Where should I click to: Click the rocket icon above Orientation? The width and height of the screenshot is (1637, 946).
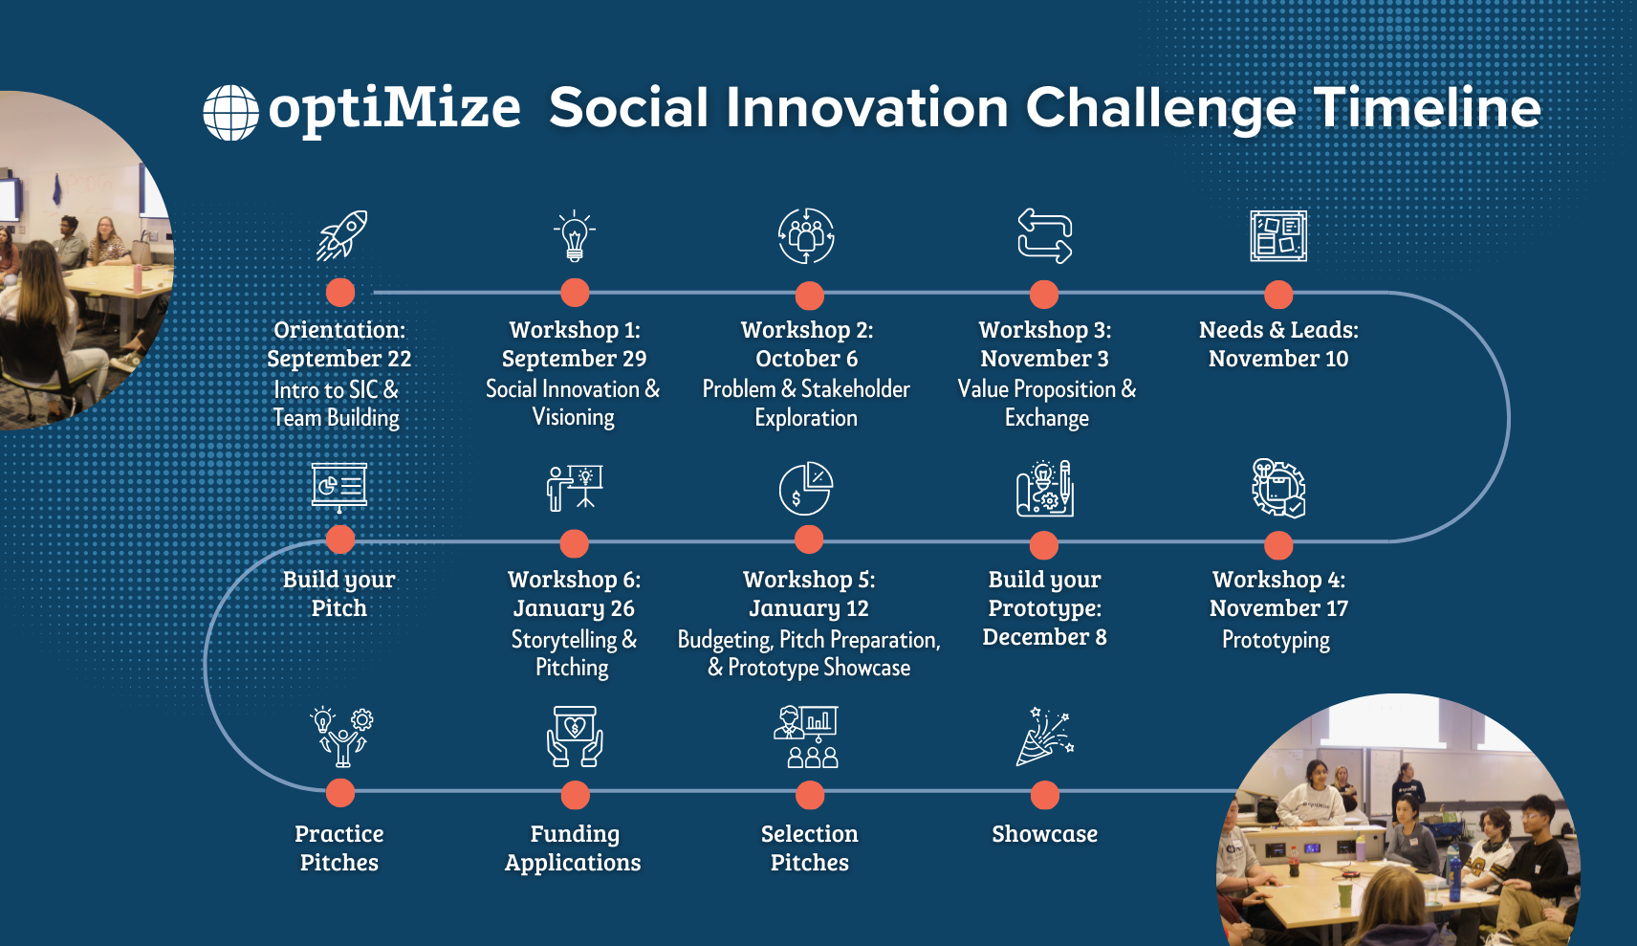point(341,235)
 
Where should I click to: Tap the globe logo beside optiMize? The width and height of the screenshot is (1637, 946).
point(230,113)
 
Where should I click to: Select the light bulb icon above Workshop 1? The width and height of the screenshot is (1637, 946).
point(574,236)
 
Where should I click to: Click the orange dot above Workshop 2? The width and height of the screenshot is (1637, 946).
point(809,296)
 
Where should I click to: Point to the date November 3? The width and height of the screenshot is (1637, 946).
point(1044,359)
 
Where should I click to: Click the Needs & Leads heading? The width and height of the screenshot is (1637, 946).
point(1278,330)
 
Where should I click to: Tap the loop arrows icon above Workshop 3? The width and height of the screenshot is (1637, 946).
point(1044,235)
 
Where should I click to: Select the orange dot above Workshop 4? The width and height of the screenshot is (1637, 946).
point(1278,545)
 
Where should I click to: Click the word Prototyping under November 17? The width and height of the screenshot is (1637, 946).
point(1276,640)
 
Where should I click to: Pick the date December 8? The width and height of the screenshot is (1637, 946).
point(1044,637)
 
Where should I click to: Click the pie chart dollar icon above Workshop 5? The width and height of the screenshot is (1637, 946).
point(805,489)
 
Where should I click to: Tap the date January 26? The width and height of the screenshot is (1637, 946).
point(574,608)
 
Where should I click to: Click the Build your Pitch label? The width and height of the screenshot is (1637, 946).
point(338,594)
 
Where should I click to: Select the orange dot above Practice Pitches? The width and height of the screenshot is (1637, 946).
point(340,793)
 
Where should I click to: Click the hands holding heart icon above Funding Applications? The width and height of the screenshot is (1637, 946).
point(575,737)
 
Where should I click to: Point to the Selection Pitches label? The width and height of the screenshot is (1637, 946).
point(809,847)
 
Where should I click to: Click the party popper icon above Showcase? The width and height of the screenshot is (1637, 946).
point(1044,737)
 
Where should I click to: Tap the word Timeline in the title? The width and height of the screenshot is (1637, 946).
point(1427,107)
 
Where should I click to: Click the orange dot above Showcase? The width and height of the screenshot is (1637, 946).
point(1044,795)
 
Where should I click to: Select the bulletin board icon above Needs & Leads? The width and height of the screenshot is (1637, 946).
point(1278,236)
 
